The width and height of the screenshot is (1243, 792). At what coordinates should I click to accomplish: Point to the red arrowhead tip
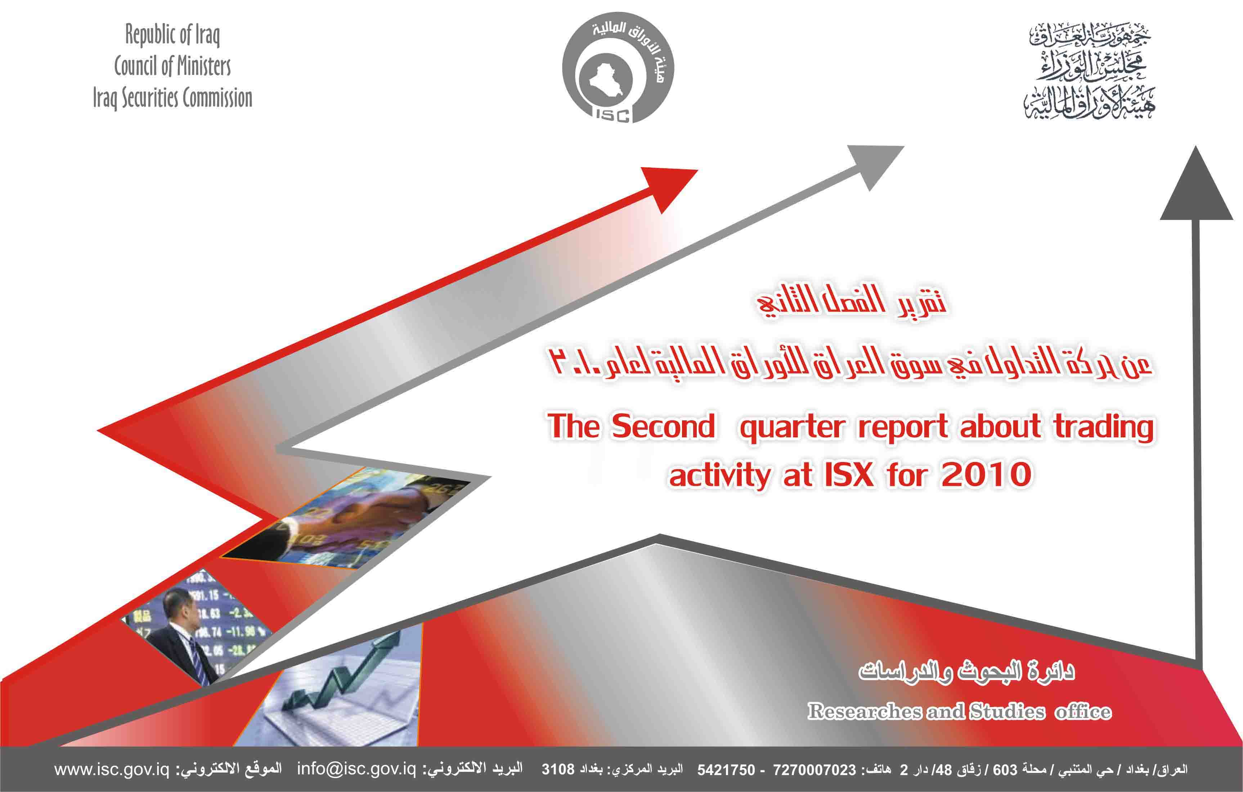tap(697, 170)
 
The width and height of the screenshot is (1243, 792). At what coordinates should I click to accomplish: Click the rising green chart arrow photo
tap(341, 684)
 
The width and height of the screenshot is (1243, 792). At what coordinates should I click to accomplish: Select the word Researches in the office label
tap(865, 711)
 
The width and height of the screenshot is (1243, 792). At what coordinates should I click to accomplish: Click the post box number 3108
tap(558, 769)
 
